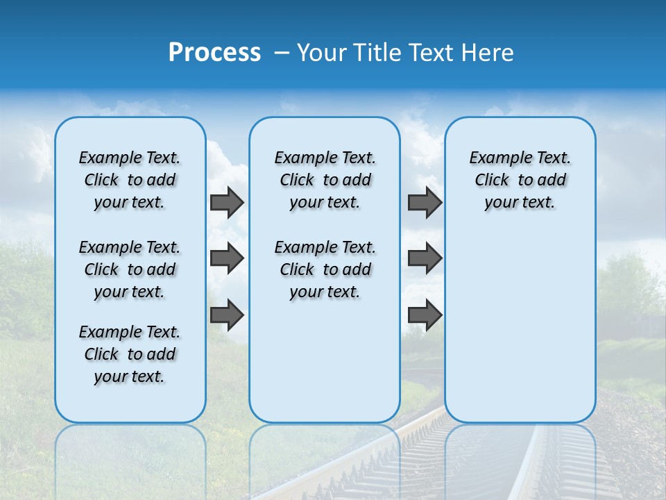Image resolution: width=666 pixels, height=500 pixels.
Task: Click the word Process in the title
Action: coord(214,53)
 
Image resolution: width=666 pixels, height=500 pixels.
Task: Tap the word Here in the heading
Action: coord(489,53)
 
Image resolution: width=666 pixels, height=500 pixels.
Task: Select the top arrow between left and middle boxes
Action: coord(227,203)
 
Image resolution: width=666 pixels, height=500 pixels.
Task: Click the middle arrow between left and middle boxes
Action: coord(227,258)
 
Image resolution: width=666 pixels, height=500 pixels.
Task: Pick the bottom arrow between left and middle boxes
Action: coord(227,315)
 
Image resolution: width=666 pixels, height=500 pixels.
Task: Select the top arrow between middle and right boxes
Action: coord(425,203)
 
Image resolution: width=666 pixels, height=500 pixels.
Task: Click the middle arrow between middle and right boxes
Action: coord(425,258)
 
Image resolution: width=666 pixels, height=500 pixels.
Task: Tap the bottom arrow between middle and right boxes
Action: coord(425,315)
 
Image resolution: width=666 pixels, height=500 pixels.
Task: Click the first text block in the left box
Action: coord(130,180)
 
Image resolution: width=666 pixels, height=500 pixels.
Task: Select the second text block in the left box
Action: coord(130,269)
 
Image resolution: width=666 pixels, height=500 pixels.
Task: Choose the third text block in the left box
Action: coord(130,354)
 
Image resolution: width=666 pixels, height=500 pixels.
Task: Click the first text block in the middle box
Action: coord(325,180)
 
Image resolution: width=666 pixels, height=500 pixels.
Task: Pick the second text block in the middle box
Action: coord(325,269)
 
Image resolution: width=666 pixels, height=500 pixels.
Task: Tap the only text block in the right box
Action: coord(520,180)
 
